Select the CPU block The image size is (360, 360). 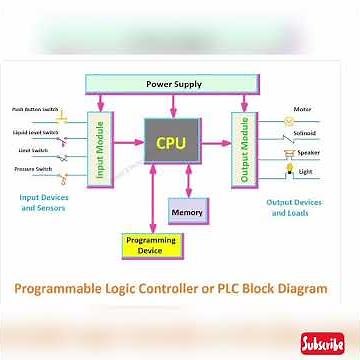click(x=171, y=143)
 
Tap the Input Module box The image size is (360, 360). click(x=101, y=149)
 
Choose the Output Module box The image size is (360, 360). click(x=240, y=148)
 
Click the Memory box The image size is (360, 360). click(x=187, y=211)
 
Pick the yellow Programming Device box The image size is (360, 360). click(x=150, y=245)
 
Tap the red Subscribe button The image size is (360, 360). click(x=322, y=343)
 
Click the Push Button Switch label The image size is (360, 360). click(x=35, y=109)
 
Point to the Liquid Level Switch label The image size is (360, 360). click(x=35, y=131)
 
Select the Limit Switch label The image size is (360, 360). click(x=32, y=151)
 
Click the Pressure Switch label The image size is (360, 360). click(x=33, y=170)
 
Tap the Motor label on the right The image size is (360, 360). click(x=302, y=109)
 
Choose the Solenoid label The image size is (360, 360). click(x=305, y=132)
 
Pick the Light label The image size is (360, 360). click(x=305, y=172)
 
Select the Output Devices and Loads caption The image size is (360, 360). click(x=293, y=207)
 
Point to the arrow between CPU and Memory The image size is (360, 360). click(x=187, y=184)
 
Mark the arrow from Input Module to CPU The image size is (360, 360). click(x=127, y=143)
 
